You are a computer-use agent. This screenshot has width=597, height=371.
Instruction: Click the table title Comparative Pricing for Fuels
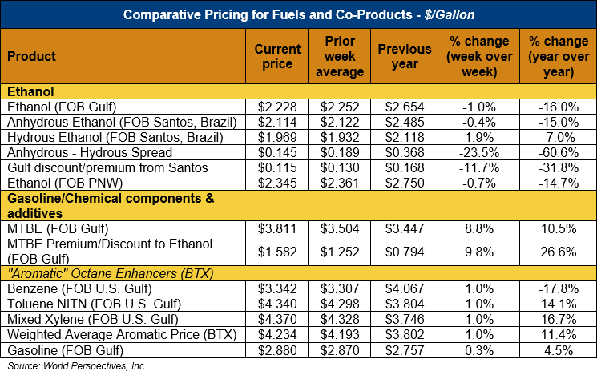pyautogui.click(x=298, y=14)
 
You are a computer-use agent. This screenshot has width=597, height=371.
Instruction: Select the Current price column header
pyautogui.click(x=277, y=56)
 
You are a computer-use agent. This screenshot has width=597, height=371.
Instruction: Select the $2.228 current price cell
pyautogui.click(x=277, y=107)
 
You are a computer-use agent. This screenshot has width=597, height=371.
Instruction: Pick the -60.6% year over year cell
pyautogui.click(x=558, y=152)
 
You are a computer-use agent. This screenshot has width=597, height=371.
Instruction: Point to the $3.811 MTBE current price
pyautogui.click(x=277, y=228)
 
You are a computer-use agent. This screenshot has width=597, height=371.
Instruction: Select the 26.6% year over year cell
pyautogui.click(x=558, y=251)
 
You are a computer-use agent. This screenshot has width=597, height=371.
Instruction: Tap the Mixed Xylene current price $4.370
pyautogui.click(x=277, y=319)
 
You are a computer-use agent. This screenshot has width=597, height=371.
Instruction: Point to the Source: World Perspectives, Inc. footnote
pyautogui.click(x=76, y=365)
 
